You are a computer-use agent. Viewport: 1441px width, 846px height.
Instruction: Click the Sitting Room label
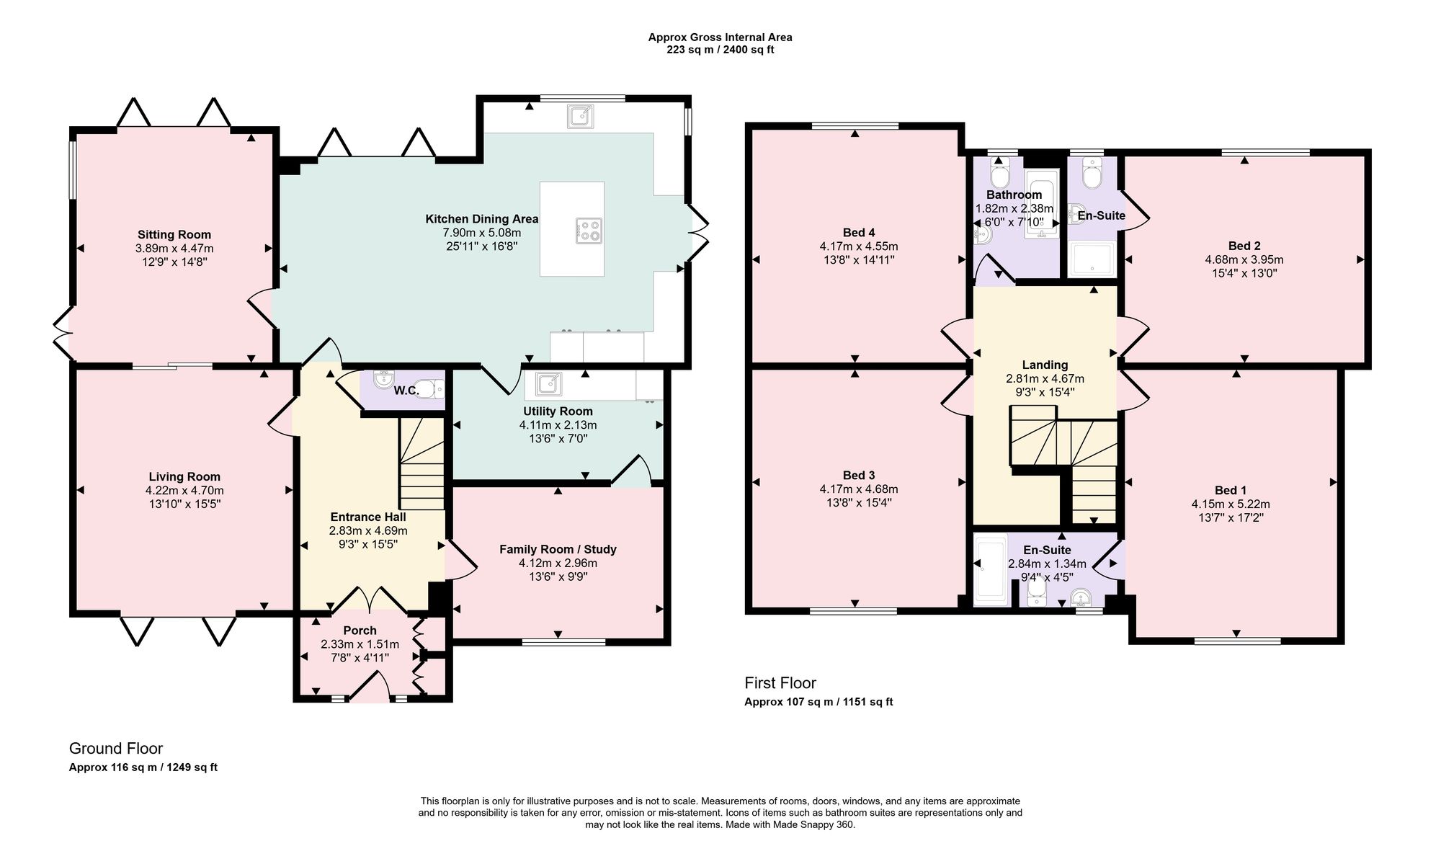[x=174, y=234]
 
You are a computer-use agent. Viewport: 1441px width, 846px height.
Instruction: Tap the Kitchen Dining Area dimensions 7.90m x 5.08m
[x=482, y=233]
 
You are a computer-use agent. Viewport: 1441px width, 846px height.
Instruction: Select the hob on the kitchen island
[x=589, y=229]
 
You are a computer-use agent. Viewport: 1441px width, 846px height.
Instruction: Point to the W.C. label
[x=406, y=391]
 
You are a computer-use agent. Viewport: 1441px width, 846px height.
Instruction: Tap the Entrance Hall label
[x=368, y=517]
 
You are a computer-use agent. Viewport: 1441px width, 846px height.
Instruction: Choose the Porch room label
[x=360, y=631]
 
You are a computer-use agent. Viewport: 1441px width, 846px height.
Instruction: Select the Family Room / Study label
[x=558, y=549]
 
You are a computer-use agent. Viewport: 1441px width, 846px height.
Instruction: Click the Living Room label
[x=184, y=476]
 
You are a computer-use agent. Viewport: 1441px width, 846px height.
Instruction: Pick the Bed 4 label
[x=859, y=232]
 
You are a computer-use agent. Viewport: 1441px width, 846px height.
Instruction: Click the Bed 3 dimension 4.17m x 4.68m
[x=859, y=489]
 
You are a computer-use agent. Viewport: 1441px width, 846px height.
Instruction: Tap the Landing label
[x=1045, y=365]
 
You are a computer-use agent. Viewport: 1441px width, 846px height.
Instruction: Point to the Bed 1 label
[x=1231, y=491]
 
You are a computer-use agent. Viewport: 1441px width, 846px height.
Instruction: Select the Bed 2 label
[x=1244, y=246]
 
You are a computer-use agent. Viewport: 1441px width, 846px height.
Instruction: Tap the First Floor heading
[x=780, y=682]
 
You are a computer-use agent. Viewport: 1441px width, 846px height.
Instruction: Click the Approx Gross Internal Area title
[x=720, y=37]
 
